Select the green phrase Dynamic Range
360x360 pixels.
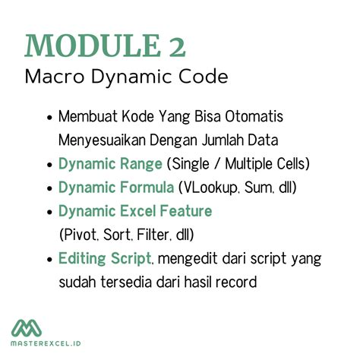click(110, 163)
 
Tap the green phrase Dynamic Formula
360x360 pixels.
click(115, 187)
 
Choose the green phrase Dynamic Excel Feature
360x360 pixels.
click(135, 210)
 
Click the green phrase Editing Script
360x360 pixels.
click(104, 258)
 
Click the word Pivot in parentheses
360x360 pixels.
click(78, 234)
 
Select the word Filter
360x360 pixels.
click(147, 234)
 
